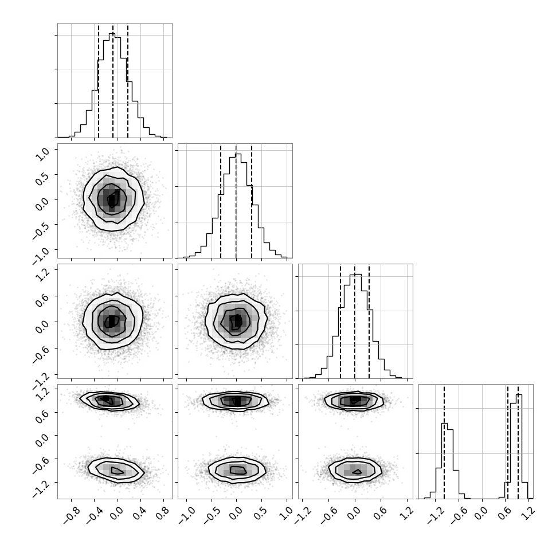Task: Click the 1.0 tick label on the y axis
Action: pos(43,154)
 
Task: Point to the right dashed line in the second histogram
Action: pos(252,201)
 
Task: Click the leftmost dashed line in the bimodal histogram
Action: pos(444,442)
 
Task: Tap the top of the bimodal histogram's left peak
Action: pos(445,423)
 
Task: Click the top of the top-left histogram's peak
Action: pos(112,33)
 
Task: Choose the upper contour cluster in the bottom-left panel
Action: pos(109,401)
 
